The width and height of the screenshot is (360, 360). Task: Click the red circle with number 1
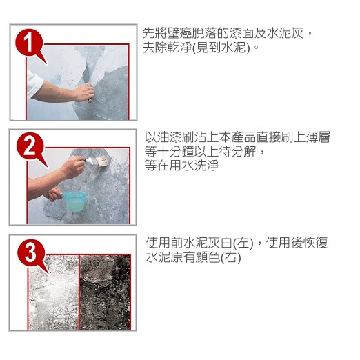pos(29,42)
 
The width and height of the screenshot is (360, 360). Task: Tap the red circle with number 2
pos(30,146)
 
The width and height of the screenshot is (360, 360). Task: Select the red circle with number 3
pos(31,253)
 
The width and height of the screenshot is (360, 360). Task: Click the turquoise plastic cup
pos(75,201)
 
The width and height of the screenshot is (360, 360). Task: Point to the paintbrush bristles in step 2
pos(102,160)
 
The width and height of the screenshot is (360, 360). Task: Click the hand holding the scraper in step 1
pos(84,92)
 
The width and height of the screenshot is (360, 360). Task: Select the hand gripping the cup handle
pos(54,194)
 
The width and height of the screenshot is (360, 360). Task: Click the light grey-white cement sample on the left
pos(54,292)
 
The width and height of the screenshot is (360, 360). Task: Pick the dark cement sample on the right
pos(105,292)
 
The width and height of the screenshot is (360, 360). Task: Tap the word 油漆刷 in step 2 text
pos(176,137)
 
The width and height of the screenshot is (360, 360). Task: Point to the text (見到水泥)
pos(221,48)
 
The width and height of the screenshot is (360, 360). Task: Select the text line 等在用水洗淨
pos(181,166)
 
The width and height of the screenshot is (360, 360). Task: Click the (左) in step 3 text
pos(243,243)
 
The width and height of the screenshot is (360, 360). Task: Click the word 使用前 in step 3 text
pos(164,243)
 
